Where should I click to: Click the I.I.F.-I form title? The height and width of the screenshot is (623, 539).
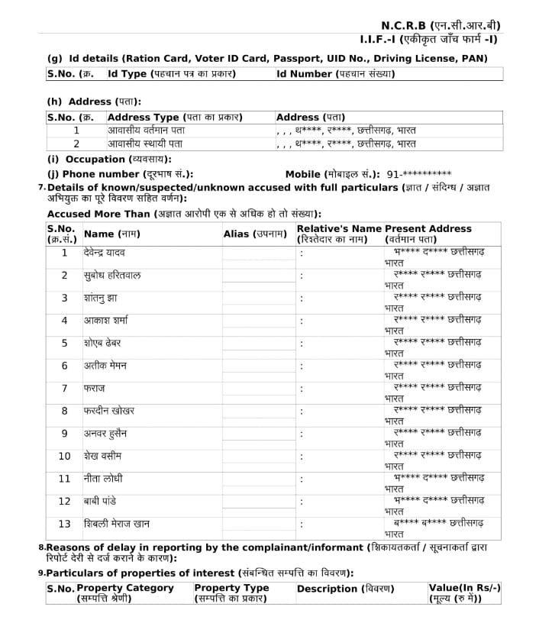pos(437,39)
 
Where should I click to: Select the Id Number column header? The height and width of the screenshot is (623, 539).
pos(336,74)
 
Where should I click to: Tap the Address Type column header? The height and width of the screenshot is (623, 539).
pos(175,118)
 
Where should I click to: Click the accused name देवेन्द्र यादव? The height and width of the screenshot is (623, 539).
pos(105,253)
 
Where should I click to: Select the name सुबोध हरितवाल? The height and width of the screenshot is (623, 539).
pos(111,276)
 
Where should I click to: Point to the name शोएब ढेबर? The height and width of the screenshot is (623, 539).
pos(102,344)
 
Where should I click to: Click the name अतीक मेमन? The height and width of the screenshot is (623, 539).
pos(105,366)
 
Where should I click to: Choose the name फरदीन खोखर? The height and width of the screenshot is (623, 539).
pos(108,411)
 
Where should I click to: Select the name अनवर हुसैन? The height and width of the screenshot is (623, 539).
pos(105,434)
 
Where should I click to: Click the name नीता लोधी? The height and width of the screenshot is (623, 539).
pos(102,479)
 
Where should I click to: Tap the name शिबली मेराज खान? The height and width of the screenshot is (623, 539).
pos(117,524)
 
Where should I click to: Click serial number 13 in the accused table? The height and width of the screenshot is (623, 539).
pos(64,524)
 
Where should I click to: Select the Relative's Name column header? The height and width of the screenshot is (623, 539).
pos(338,234)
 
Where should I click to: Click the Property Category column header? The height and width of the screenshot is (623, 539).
pos(125,592)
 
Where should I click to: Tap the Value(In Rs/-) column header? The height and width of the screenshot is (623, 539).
pos(464,592)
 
